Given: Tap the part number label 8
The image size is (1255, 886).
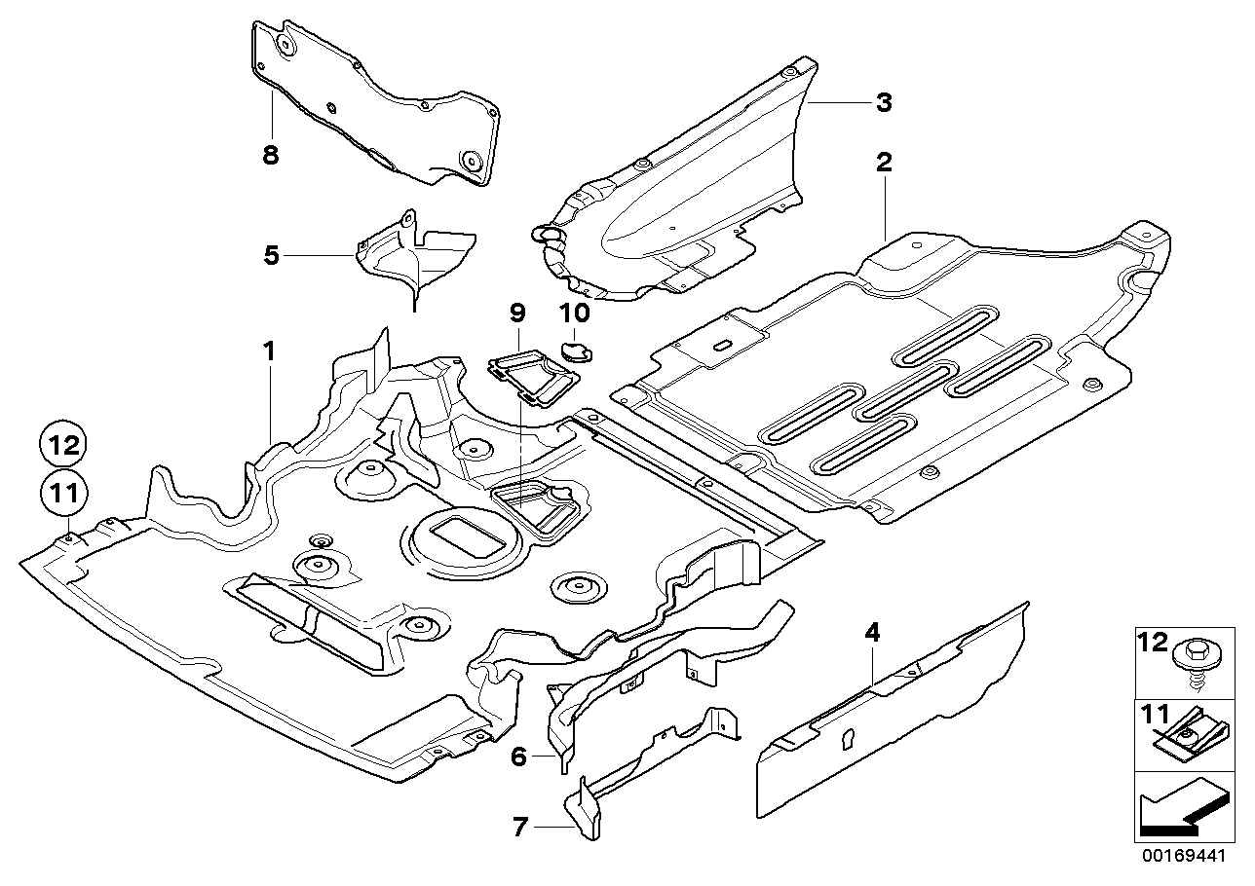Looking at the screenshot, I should (270, 154).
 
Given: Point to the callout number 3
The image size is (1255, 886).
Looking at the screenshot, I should (883, 102).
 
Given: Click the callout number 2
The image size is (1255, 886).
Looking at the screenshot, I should (883, 162).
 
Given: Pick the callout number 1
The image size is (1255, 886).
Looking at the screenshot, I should (268, 351).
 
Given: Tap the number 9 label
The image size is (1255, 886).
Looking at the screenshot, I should (516, 313).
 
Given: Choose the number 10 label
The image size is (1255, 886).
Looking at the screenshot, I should (575, 313).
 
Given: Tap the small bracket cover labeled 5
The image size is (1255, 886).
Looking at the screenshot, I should (414, 255).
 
